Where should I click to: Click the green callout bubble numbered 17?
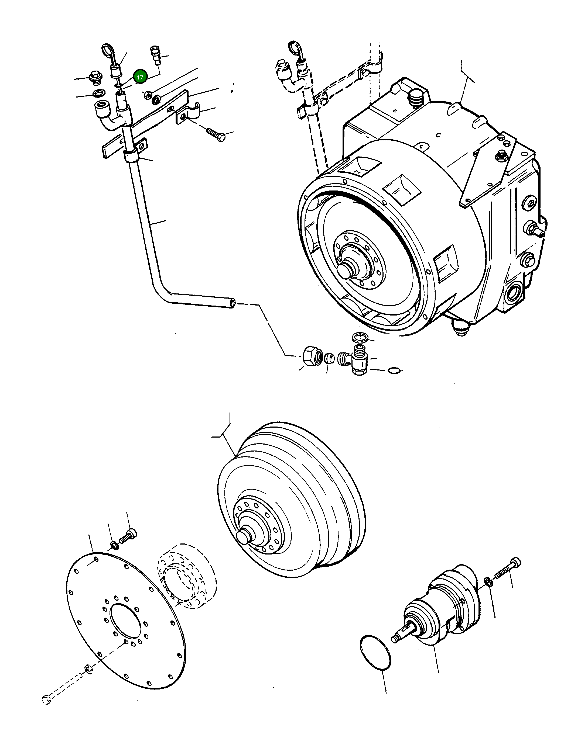140,77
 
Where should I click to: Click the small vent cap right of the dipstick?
156,55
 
